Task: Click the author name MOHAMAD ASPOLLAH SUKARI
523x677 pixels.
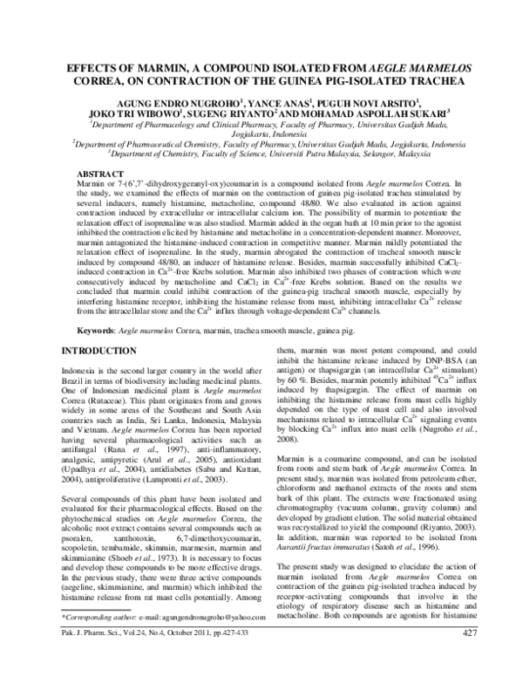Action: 377,113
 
